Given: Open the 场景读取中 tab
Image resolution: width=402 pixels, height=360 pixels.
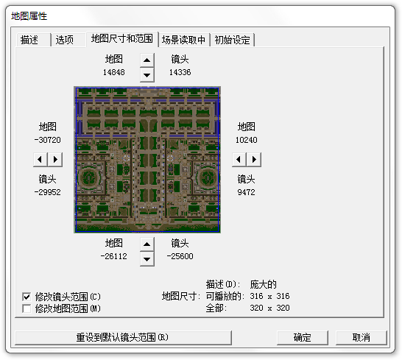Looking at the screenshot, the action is [x=184, y=40].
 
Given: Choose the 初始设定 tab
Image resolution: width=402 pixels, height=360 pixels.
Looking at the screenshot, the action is [x=232, y=40].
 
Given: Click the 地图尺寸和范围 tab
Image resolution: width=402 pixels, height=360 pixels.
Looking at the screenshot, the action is [x=122, y=39].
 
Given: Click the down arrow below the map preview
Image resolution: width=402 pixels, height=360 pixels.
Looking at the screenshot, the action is [x=147, y=259].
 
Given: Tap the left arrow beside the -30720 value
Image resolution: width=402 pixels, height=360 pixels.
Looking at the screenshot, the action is [x=40, y=160].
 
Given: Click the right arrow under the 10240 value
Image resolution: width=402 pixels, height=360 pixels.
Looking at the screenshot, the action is [x=254, y=160].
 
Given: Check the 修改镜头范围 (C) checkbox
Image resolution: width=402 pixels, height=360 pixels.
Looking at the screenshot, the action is [x=27, y=297].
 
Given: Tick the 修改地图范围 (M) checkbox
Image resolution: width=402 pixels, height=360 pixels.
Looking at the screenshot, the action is [x=27, y=308].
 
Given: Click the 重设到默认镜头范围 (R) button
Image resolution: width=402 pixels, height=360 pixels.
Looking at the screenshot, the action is [x=123, y=337].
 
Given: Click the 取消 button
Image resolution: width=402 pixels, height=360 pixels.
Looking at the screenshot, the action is [x=362, y=337].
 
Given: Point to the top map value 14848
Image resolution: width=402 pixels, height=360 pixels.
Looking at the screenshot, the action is [x=114, y=72].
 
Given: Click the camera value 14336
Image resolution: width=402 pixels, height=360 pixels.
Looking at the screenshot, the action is [x=180, y=72].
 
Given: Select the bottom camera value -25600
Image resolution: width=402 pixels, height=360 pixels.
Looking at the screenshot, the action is [x=180, y=256].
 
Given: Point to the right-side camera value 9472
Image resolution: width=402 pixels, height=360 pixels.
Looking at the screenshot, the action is [x=246, y=192].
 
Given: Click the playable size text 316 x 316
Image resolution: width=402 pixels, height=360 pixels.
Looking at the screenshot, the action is [x=269, y=296].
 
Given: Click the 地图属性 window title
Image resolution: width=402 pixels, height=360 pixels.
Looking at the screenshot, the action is [x=29, y=16].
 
